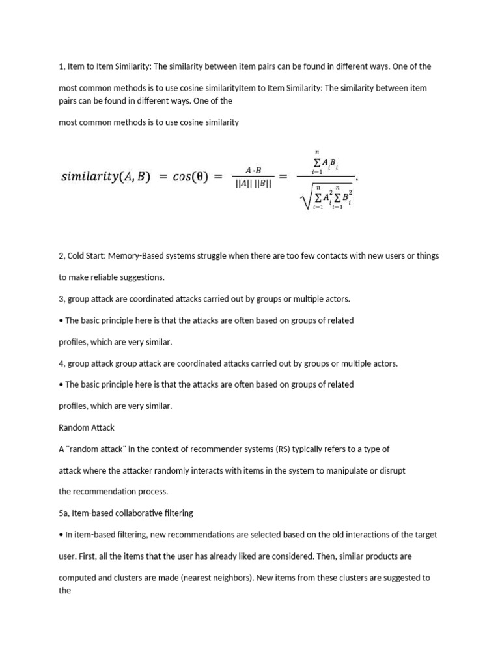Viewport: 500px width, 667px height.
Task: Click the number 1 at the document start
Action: pos(61,66)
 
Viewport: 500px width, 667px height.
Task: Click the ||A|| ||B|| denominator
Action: pos(253,184)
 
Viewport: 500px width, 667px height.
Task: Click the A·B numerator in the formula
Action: pos(253,169)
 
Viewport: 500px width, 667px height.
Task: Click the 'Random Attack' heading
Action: pos(86,427)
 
